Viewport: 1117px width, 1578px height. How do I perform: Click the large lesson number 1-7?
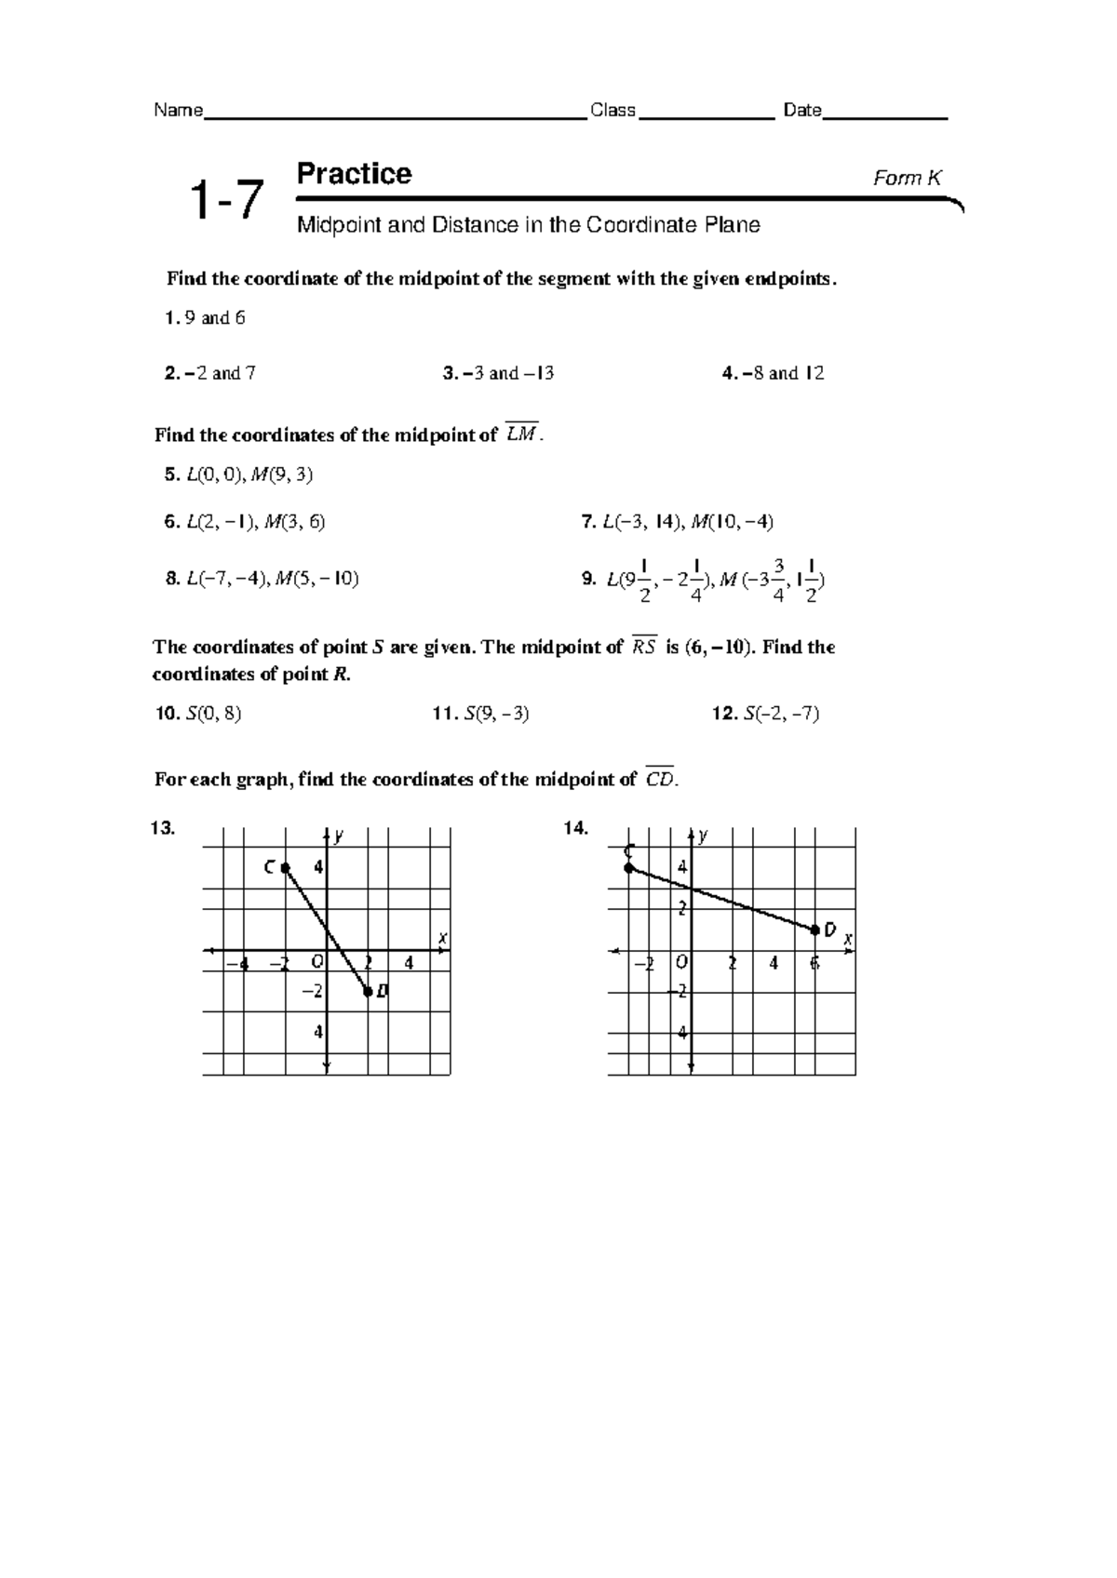tap(225, 201)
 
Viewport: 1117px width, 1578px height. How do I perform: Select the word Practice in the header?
tap(354, 174)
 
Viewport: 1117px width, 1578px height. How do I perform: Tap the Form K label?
tap(907, 179)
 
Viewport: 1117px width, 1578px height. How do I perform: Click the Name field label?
tap(178, 111)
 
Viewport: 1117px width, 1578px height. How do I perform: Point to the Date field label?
tap(801, 111)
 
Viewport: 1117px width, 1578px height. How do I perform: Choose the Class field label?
tap(612, 111)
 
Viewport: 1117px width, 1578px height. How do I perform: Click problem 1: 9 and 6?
tap(205, 318)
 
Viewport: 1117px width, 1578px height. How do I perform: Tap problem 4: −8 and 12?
tap(774, 373)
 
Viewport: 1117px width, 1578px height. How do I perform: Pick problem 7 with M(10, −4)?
tap(677, 522)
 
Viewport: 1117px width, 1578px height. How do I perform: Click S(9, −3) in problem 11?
tap(495, 714)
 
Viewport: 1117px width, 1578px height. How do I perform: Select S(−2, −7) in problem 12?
tap(781, 714)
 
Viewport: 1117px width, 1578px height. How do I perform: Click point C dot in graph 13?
tap(286, 867)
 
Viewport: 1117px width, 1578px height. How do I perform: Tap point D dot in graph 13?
tap(368, 992)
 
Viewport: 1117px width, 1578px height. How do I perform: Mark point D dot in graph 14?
tap(815, 929)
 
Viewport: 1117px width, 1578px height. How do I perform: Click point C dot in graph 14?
tap(629, 868)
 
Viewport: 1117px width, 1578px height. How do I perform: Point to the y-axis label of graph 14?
tap(704, 836)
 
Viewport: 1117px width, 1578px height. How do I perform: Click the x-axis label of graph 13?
tap(443, 939)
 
